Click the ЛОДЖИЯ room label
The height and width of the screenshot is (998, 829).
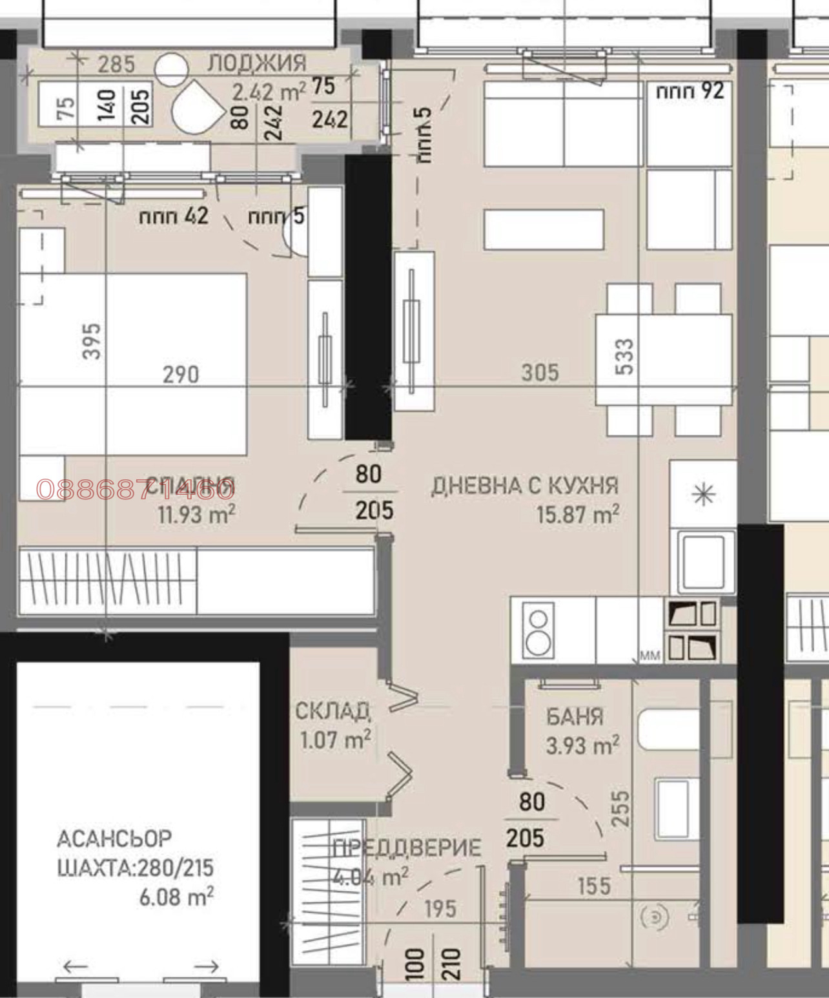(x=256, y=63)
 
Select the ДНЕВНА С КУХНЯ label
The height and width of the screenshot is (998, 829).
(x=524, y=486)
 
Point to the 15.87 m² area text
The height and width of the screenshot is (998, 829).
(x=577, y=515)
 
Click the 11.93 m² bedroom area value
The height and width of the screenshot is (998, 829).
(x=196, y=515)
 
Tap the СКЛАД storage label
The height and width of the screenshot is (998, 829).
(x=333, y=711)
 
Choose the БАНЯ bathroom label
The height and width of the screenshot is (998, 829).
(x=575, y=716)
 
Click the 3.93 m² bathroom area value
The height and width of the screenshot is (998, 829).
(x=582, y=746)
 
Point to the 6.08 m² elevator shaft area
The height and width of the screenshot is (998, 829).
(x=176, y=897)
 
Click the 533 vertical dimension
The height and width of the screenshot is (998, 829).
(x=625, y=357)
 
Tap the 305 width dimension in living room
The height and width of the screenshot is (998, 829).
(x=540, y=372)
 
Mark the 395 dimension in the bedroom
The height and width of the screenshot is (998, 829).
(x=92, y=340)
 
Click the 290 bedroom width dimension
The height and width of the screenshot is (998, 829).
(x=181, y=374)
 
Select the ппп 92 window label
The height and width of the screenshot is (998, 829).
(x=690, y=91)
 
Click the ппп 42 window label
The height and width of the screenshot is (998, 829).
(x=174, y=216)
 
